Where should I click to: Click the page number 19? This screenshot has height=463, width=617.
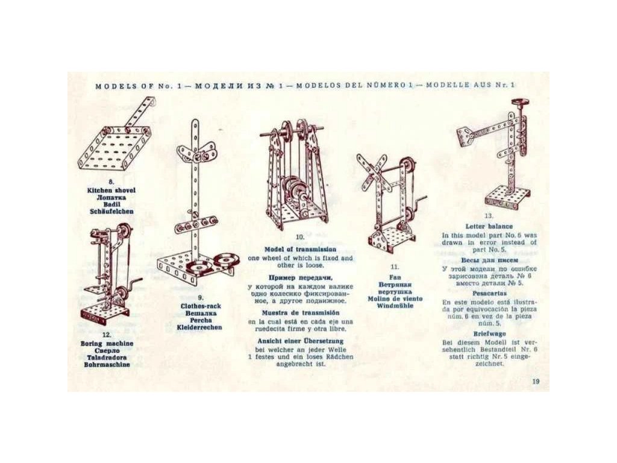536,381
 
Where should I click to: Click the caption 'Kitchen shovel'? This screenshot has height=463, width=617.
111,191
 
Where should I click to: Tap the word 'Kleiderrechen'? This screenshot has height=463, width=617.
199,327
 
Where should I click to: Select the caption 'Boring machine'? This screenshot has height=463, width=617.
107,344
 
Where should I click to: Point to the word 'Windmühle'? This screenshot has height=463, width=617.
395,306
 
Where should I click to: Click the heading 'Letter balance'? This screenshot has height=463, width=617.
489,226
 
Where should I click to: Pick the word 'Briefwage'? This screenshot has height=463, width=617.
489,333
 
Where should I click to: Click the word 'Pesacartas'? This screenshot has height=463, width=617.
489,292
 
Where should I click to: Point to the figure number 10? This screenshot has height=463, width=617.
300,238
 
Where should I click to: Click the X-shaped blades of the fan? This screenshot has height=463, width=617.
372,170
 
